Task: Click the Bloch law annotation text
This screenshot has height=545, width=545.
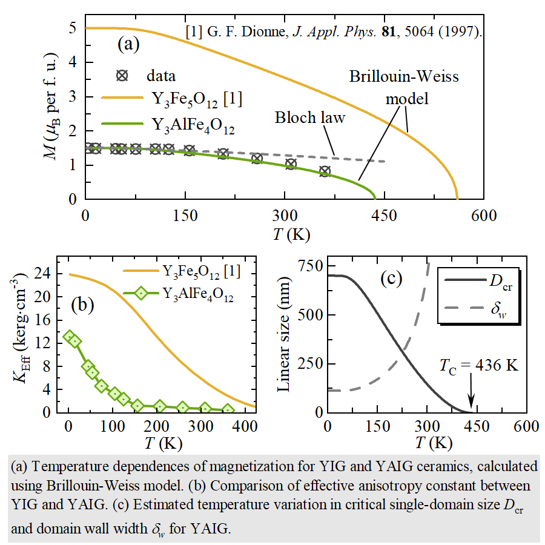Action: tap(309, 117)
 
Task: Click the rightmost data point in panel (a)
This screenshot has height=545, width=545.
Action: tap(325, 171)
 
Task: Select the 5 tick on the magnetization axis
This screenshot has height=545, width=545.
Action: tap(73, 28)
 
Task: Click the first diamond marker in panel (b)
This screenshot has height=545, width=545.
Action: tap(69, 337)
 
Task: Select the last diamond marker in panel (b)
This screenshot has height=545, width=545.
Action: tap(228, 411)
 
